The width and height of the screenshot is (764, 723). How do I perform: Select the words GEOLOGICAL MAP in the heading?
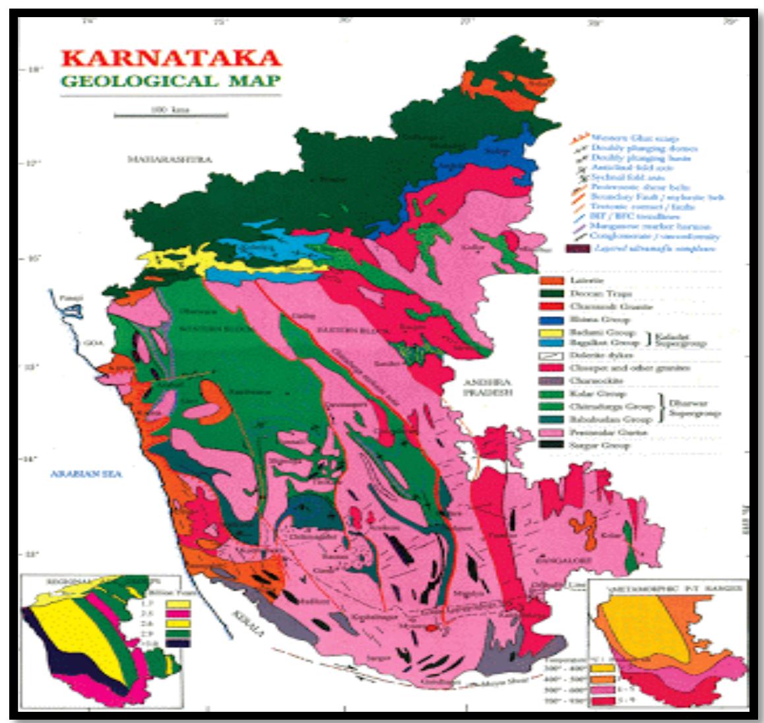click(x=170, y=81)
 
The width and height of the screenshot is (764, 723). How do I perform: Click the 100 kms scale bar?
click(x=171, y=115)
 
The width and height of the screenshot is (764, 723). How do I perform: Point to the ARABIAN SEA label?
click(x=84, y=474)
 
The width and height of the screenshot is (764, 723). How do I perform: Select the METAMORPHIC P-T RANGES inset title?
click(x=669, y=587)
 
